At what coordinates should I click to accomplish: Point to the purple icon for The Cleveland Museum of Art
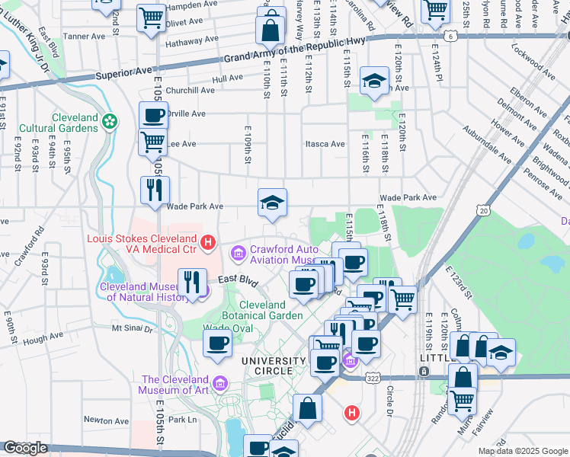click(x=221, y=382)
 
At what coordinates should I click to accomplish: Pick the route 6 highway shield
click(x=452, y=36)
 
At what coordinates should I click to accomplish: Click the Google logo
click(x=26, y=448)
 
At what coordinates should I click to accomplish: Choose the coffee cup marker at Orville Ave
click(x=153, y=116)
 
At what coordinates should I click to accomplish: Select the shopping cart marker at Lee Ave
click(x=153, y=142)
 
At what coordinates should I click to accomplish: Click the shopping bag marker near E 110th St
click(x=271, y=30)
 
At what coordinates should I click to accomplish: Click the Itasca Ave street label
click(x=325, y=144)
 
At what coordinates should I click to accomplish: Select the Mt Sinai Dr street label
click(x=133, y=328)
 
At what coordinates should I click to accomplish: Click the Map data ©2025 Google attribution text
click(x=523, y=451)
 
